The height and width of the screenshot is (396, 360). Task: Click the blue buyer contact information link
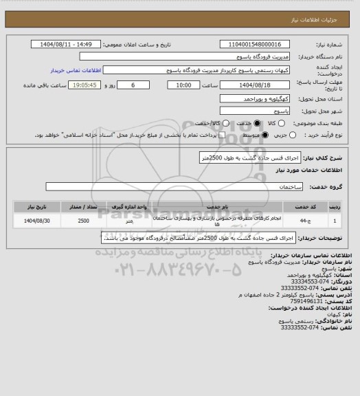[76, 70]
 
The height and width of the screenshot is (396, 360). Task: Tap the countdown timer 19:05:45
[90, 85]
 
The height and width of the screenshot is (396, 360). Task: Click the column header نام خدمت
[217, 206]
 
